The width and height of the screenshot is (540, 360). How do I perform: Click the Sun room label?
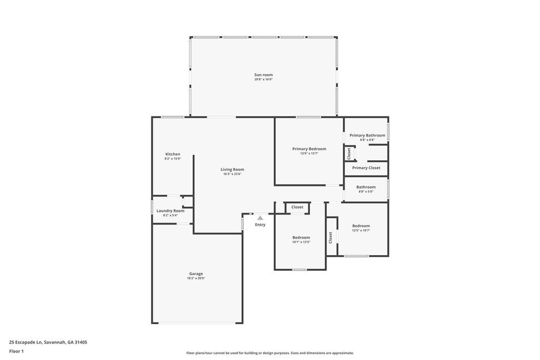click(263, 75)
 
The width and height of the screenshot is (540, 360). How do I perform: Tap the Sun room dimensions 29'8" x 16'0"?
click(263, 80)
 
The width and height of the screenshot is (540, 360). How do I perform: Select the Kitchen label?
click(172, 154)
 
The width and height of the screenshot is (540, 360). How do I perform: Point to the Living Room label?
click(232, 169)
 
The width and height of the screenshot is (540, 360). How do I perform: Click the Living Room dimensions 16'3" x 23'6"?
click(232, 174)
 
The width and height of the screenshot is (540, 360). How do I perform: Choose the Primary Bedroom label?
click(309, 149)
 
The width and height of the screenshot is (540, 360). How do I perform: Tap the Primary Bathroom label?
click(367, 135)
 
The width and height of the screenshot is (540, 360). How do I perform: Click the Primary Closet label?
click(366, 168)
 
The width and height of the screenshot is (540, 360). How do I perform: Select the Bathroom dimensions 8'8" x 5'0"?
click(366, 192)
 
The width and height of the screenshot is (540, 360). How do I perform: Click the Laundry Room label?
click(170, 210)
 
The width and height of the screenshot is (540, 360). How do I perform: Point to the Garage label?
click(196, 274)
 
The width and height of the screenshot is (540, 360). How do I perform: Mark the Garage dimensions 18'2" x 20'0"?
click(196, 278)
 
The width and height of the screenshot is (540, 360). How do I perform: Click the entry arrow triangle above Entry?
click(260, 218)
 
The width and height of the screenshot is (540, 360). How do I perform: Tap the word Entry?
click(260, 225)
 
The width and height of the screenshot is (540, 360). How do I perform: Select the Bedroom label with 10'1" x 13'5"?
click(301, 237)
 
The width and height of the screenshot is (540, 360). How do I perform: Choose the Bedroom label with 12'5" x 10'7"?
click(361, 226)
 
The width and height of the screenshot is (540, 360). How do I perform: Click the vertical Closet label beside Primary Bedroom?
click(349, 153)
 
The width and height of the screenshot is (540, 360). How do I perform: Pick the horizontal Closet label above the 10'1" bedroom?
click(297, 207)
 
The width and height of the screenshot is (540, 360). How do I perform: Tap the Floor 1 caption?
click(16, 351)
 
